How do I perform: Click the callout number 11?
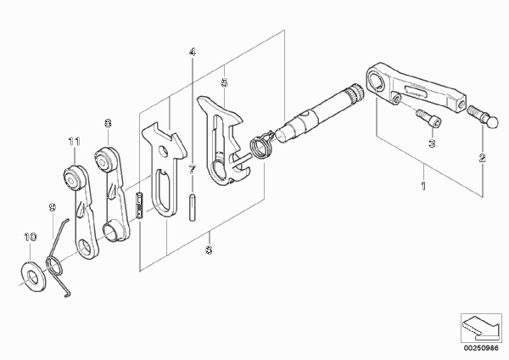(75, 141)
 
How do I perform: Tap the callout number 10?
(31, 237)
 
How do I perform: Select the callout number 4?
(193, 52)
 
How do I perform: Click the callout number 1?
(423, 186)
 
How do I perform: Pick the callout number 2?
(483, 158)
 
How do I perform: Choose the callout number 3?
(432, 143)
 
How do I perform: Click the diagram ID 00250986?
(481, 348)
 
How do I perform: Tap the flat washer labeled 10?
(33, 276)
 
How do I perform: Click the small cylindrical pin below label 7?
(193, 208)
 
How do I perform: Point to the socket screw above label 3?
(429, 118)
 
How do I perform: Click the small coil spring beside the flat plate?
(140, 207)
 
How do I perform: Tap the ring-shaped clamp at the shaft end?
(262, 147)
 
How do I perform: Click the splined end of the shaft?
(355, 93)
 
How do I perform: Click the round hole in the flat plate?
(163, 151)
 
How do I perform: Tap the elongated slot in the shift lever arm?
(416, 91)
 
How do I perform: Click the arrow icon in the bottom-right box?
(481, 327)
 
